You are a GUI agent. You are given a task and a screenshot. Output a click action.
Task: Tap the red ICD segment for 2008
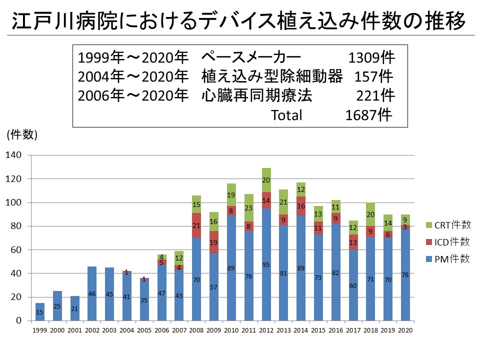click(x=195, y=225)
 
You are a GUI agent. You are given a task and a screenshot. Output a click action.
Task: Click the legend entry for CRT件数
click(x=447, y=225)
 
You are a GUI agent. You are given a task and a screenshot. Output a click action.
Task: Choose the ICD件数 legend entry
click(x=447, y=242)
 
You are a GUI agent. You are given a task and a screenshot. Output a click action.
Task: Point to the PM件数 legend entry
click(x=447, y=258)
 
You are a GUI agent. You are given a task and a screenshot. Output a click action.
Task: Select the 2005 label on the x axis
click(x=144, y=330)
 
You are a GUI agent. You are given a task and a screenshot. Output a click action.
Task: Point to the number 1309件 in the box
click(x=371, y=57)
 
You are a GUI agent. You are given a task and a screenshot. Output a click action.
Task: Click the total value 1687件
click(x=368, y=115)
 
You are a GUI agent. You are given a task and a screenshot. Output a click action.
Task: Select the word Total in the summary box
click(x=286, y=115)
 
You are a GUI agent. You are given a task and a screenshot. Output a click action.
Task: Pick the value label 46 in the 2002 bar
click(x=91, y=293)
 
